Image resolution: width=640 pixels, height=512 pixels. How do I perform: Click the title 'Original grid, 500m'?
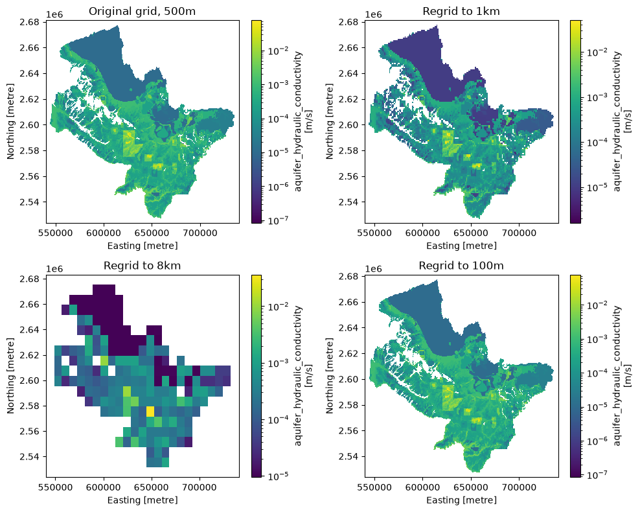(x=142, y=11)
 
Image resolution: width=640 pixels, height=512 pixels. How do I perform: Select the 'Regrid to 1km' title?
(x=461, y=11)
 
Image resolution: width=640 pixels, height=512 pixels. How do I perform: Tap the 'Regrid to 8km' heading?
(x=142, y=266)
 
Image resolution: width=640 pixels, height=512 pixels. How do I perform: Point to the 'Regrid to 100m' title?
(x=461, y=266)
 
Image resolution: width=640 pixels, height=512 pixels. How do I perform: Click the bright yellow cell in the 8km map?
(x=150, y=411)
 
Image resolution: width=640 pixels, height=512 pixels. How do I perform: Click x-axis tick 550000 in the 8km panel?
(x=56, y=487)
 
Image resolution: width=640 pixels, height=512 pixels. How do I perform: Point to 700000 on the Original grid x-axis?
(x=200, y=233)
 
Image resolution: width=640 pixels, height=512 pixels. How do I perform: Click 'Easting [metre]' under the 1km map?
(x=461, y=246)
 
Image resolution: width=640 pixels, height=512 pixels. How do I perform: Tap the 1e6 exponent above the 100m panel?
(x=374, y=269)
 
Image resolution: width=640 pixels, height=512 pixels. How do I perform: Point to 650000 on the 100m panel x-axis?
(x=471, y=487)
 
